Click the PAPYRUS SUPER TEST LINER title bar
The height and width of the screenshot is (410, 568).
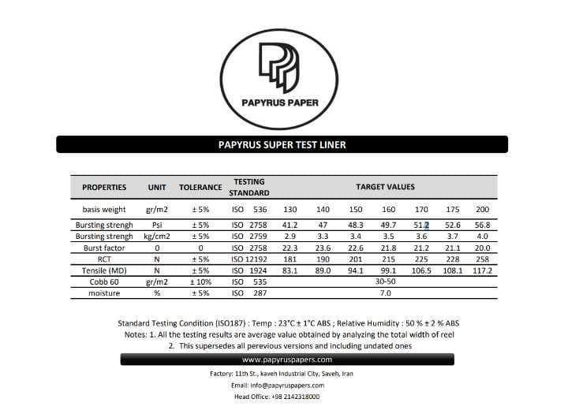coord(282,144)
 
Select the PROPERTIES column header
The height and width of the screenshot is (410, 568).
coord(104,187)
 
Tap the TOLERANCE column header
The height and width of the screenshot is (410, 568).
coord(200,187)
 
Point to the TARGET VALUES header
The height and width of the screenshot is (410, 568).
coord(385,187)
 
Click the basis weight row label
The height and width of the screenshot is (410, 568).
coord(104,209)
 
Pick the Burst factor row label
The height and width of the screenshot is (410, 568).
coord(104,248)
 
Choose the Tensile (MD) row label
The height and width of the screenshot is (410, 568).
coord(104,270)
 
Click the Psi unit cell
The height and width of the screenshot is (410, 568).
coord(156,225)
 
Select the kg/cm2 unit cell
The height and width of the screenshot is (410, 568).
coord(156,236)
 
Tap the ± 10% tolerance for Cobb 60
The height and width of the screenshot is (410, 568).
coord(200,281)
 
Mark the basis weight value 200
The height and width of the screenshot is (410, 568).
coord(483,209)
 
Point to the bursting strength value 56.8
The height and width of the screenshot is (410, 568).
coord(483,225)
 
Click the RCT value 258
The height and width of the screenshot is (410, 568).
coord(483,259)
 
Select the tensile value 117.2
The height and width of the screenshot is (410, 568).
coord(483,270)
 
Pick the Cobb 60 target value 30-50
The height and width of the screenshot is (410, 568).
coord(385,281)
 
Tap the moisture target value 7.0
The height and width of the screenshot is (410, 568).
coord(385,293)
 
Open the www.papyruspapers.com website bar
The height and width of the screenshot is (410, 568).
coord(287,360)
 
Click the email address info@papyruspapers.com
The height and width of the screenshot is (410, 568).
coord(288,385)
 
